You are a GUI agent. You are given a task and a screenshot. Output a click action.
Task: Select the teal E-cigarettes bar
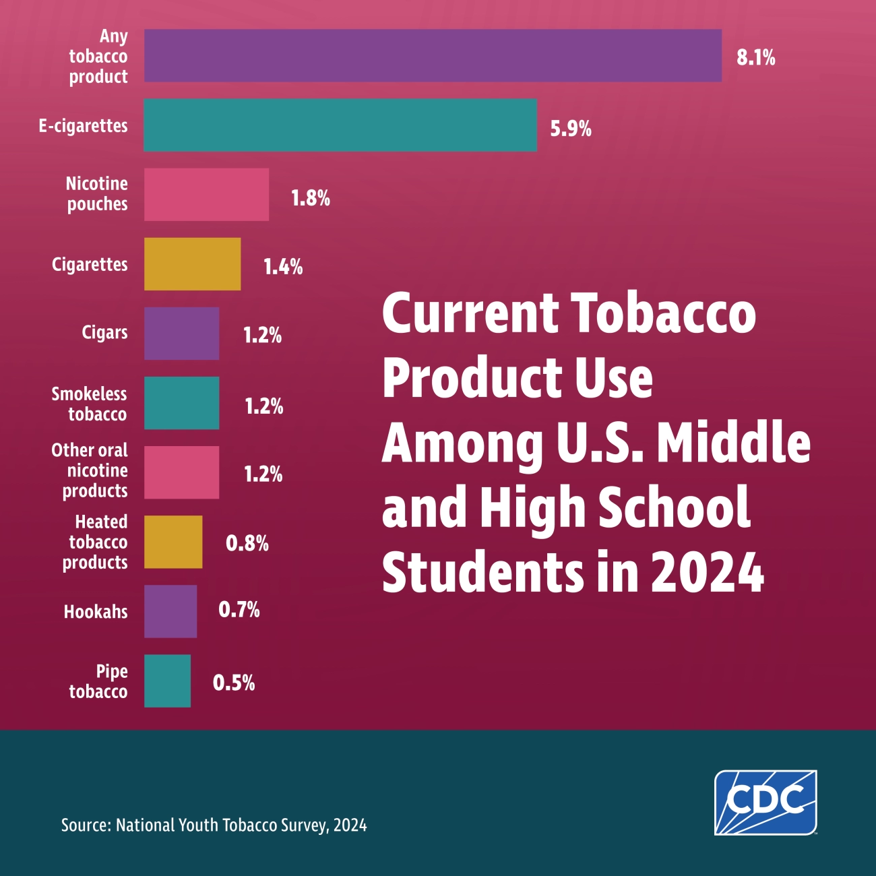pos(340,125)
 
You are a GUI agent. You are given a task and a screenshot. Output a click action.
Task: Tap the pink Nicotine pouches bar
pos(206,195)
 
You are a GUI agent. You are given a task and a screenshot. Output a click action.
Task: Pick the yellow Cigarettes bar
pos(192,264)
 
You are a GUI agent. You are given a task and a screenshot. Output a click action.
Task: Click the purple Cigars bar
pos(181,334)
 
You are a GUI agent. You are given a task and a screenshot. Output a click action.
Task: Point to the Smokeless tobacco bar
pos(181,403)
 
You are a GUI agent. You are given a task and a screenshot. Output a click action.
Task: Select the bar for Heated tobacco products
pos(173,542)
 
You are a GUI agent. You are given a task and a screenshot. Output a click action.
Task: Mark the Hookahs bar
pos(170,611)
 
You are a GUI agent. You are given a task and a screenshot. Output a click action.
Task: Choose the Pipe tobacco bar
pos(167,681)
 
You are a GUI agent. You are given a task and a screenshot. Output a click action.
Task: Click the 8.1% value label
pos(755,58)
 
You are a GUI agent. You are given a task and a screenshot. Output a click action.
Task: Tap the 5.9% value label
pos(570,128)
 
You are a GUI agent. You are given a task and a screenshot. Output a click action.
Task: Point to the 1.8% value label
pos(310,198)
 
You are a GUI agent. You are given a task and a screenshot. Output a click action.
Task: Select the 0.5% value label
pos(234,683)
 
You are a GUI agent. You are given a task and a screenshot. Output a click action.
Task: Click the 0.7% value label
pos(239,611)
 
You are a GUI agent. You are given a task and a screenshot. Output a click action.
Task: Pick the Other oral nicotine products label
pos(90,470)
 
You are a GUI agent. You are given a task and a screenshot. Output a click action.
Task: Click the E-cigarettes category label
pos(83,126)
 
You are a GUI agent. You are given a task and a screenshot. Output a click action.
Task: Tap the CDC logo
pos(765,802)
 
